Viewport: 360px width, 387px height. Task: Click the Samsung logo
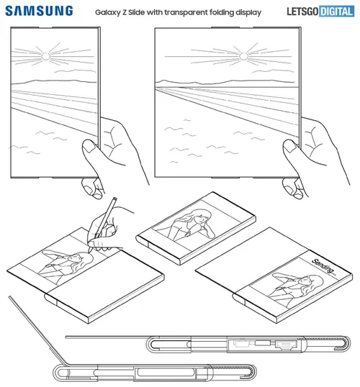[40, 11]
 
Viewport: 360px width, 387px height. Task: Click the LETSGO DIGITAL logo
[316, 11]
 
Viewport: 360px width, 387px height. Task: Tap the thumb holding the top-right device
[291, 153]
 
